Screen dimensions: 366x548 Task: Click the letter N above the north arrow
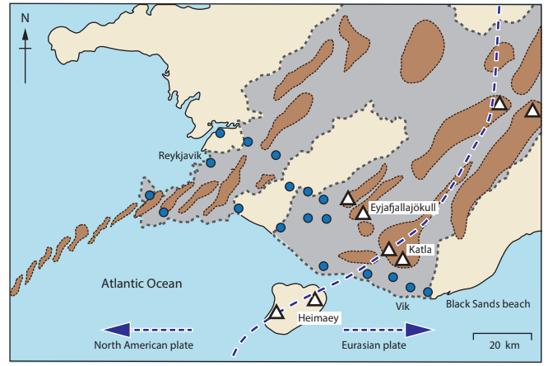(26, 17)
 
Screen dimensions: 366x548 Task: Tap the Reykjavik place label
(180, 155)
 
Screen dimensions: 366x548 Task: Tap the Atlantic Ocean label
(142, 284)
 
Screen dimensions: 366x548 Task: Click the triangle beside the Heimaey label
(314, 298)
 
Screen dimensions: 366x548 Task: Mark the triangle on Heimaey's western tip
(276, 312)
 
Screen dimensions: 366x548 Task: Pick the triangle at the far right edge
(532, 110)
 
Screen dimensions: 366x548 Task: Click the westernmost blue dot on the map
(150, 195)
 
